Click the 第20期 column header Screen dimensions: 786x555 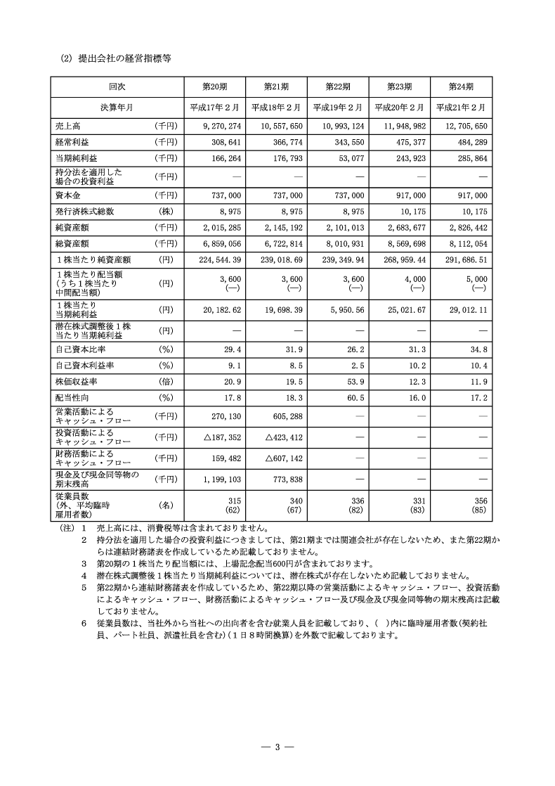(x=214, y=86)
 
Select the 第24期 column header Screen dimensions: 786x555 (x=461, y=86)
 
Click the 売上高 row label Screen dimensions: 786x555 (x=68, y=126)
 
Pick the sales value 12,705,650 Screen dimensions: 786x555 (x=462, y=126)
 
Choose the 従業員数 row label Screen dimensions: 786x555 (x=73, y=496)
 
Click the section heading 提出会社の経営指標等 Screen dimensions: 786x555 (x=116, y=60)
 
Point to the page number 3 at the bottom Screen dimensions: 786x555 (x=277, y=746)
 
